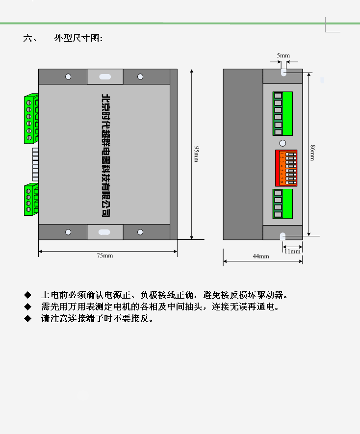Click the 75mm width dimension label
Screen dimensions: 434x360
pos(104,255)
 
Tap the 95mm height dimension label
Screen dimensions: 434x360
pos(196,153)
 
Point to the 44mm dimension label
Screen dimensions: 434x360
pos(260,256)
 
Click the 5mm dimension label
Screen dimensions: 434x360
pos(283,56)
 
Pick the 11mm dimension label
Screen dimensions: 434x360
pos(292,251)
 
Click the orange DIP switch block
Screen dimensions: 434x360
pos(286,168)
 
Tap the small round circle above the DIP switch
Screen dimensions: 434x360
pos(283,143)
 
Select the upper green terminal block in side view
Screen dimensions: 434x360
pos(283,113)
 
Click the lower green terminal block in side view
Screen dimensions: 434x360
pos(283,204)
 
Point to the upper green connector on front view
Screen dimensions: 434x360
pos(31,119)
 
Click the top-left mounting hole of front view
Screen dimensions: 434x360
pos(68,77)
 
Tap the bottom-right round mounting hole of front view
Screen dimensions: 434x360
pos(140,231)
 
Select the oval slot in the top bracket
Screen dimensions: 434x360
pos(105,77)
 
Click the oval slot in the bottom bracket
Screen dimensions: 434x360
pos(105,232)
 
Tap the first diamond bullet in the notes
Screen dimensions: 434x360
pos(27,295)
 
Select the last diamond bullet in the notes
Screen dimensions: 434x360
pos(27,319)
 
